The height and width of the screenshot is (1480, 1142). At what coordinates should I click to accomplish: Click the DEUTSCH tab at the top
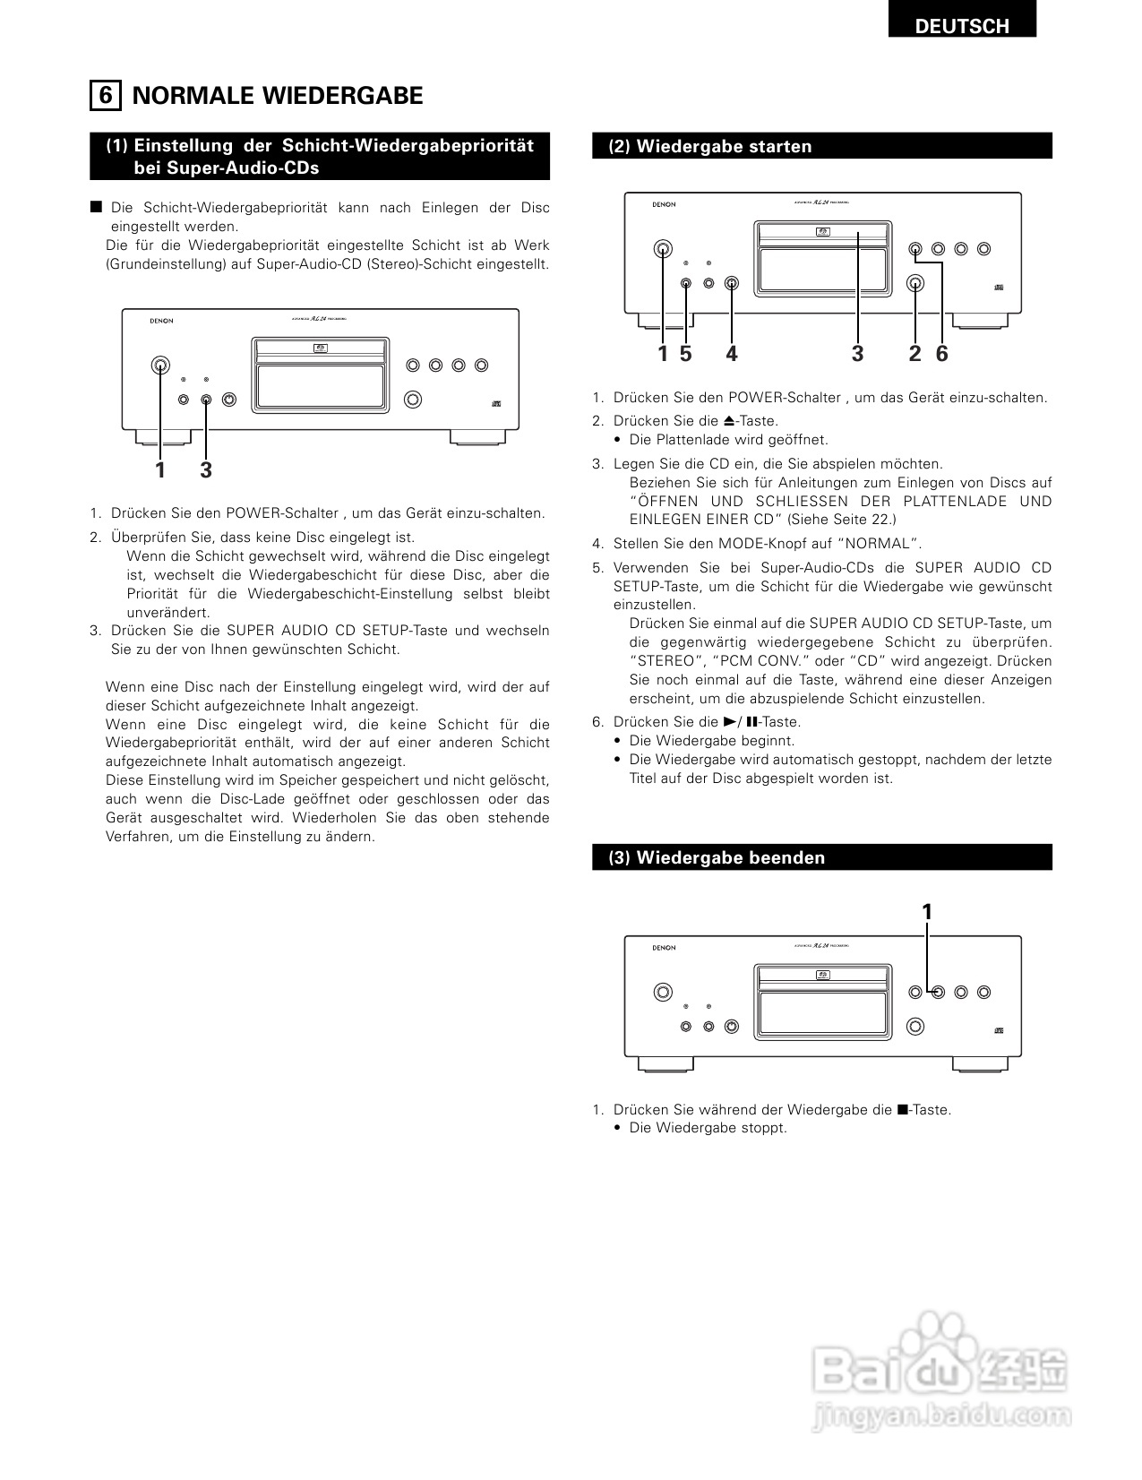point(961,26)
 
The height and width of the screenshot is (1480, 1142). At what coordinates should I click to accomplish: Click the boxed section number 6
point(106,95)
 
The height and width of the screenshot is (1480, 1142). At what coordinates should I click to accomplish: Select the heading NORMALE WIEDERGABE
point(278,96)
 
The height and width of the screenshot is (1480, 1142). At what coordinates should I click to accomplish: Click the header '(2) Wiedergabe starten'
point(710,147)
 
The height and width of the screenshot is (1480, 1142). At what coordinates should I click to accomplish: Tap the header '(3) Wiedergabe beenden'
point(717,857)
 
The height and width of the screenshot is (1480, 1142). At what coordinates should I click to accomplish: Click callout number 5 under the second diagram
point(686,354)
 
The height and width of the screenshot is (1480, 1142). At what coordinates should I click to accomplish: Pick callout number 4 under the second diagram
point(732,354)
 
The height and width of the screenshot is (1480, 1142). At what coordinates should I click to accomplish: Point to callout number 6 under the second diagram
point(941,354)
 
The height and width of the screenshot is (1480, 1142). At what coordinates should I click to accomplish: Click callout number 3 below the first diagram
point(206,470)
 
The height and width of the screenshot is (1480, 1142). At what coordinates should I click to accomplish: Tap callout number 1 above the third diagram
point(927,912)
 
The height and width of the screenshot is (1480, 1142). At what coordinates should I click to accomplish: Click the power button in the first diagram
point(160,365)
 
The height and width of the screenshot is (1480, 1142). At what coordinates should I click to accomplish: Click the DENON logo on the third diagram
point(664,948)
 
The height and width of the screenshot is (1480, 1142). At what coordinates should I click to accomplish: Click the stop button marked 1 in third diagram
point(938,992)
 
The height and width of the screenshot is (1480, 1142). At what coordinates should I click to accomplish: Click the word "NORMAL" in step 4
point(883,544)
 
